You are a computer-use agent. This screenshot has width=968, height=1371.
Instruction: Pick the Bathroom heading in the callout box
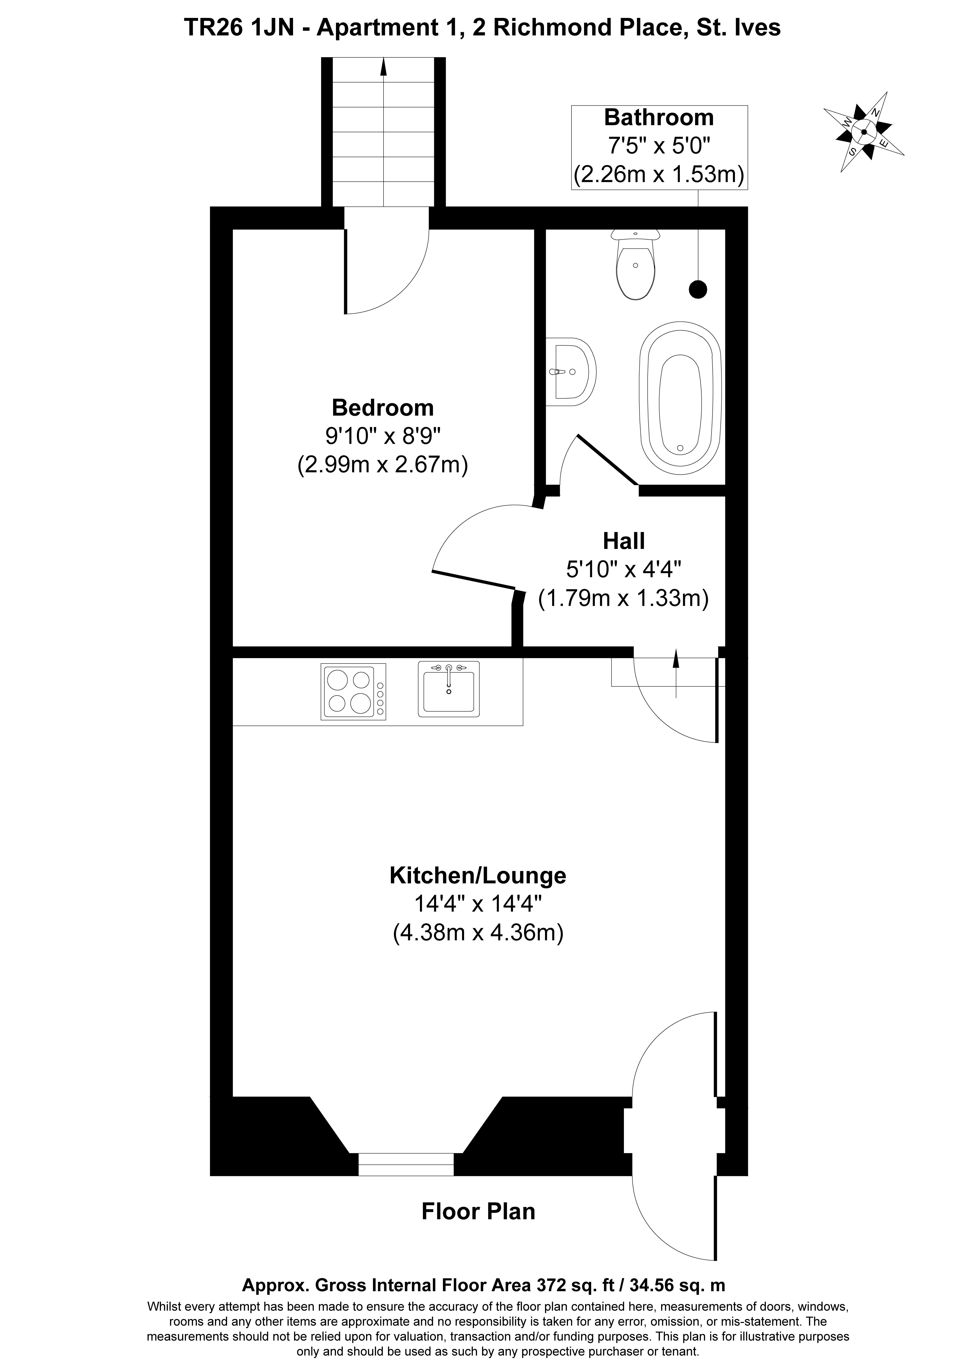tap(659, 118)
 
